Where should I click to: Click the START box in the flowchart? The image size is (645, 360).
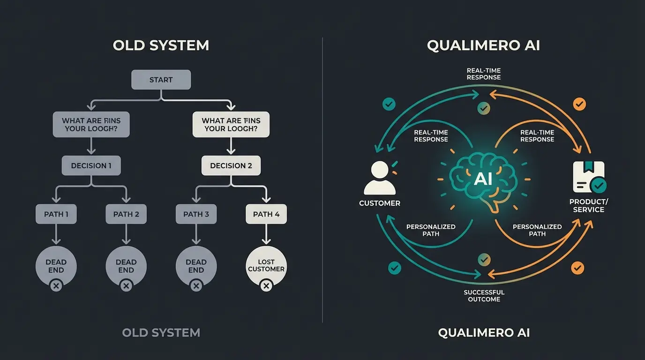click(161, 80)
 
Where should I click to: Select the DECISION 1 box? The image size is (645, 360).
click(91, 165)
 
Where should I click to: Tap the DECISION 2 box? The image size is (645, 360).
click(231, 165)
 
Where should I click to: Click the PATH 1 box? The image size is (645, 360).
click(56, 214)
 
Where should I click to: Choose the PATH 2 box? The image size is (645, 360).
click(126, 214)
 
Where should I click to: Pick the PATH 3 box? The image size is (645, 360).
click(196, 214)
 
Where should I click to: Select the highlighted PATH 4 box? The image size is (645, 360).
click(266, 214)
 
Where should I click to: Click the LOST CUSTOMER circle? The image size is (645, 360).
click(266, 266)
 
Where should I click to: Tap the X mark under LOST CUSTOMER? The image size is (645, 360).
click(266, 285)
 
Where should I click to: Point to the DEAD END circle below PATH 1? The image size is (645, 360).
click(56, 266)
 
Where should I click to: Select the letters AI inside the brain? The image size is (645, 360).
click(483, 179)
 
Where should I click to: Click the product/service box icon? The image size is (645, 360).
click(589, 177)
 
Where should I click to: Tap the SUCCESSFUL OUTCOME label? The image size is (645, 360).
click(484, 296)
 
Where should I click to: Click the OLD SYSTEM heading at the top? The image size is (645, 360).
click(161, 45)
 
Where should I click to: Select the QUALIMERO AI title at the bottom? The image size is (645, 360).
click(484, 333)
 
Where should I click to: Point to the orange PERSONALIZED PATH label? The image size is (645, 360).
click(537, 230)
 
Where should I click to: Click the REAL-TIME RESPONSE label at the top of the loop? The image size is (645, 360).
click(484, 74)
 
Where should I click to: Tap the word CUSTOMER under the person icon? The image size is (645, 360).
click(380, 203)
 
